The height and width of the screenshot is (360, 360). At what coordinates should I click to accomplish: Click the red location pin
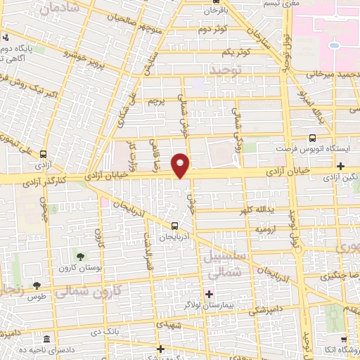(x=181, y=165)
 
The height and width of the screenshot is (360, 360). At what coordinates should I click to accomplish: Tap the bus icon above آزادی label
(x=44, y=155)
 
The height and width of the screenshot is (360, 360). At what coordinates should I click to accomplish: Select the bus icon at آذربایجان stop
(x=174, y=226)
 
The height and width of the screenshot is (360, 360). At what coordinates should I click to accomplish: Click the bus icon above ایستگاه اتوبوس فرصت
(x=313, y=139)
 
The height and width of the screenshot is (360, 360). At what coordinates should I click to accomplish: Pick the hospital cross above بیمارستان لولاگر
(x=209, y=293)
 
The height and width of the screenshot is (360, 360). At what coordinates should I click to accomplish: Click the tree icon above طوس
(x=37, y=285)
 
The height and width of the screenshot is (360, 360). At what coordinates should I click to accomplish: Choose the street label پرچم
(x=157, y=100)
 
